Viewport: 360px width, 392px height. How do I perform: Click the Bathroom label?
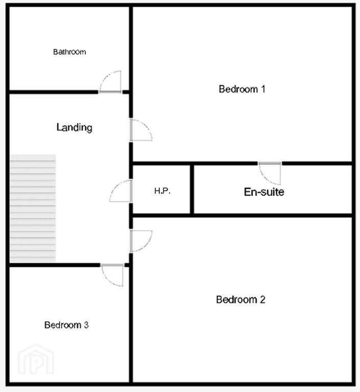click(69, 52)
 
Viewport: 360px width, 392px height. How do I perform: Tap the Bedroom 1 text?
click(242, 89)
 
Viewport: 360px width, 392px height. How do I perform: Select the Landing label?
click(75, 127)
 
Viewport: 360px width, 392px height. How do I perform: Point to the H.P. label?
click(162, 191)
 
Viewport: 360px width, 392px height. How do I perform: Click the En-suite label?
click(264, 192)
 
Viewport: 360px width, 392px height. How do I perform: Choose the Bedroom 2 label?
click(241, 300)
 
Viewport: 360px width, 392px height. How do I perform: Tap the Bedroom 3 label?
click(66, 325)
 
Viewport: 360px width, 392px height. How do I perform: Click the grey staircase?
click(33, 208)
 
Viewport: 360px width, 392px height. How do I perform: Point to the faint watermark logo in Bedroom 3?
click(36, 359)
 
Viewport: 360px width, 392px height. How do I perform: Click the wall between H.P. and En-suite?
click(192, 189)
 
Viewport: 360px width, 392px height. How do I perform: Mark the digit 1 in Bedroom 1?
click(263, 89)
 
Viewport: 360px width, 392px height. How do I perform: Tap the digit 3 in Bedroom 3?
click(86, 325)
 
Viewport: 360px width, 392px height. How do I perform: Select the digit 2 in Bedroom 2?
click(262, 300)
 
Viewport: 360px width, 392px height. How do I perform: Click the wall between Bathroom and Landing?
click(54, 92)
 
